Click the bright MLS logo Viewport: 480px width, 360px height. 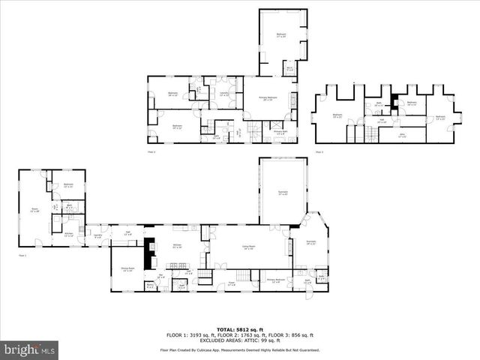(30, 349)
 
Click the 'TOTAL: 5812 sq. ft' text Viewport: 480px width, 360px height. (239, 329)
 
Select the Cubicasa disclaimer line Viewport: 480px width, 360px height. (239, 350)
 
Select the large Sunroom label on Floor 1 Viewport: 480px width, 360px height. (283, 193)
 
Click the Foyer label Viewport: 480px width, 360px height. (231, 283)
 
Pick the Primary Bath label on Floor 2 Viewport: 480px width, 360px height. (280, 133)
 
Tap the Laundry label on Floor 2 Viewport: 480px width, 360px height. (224, 94)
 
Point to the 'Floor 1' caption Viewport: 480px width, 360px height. (22, 256)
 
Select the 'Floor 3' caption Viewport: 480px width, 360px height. (319, 152)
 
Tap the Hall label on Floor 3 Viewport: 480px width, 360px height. (381, 120)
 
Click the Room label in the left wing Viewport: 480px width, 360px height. (34, 210)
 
